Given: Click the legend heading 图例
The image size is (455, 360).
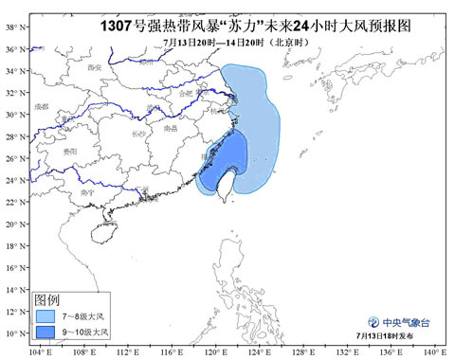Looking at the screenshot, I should [48, 297].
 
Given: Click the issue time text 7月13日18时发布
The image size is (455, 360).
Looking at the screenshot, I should [391, 336].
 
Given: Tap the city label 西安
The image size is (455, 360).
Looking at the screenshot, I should [94, 68].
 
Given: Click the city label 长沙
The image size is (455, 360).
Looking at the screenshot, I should [139, 135].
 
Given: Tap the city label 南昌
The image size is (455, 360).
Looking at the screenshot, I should [171, 127].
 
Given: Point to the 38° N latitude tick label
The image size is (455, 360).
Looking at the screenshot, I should [16, 27].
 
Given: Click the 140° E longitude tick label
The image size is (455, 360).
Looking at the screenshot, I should [434, 352].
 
